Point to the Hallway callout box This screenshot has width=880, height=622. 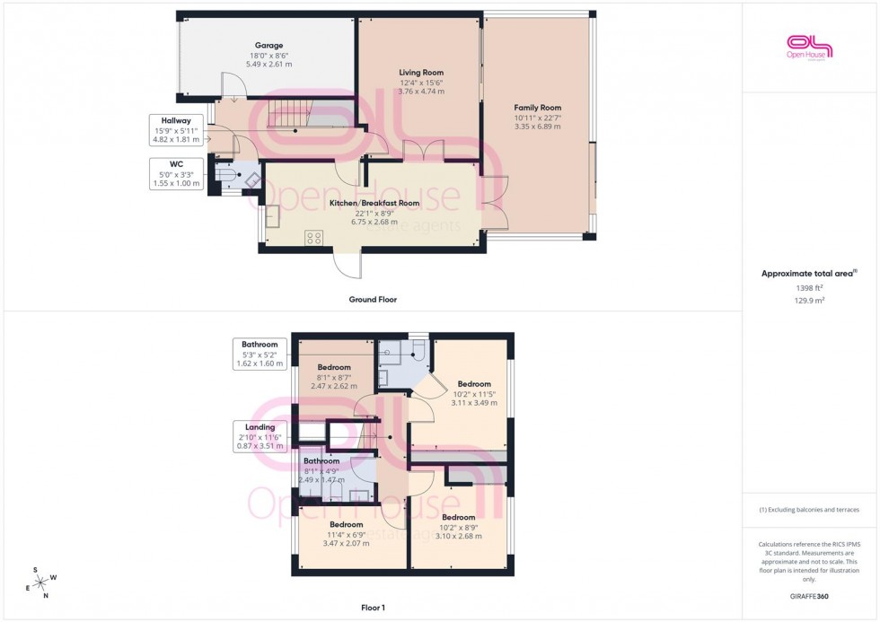point(176,130)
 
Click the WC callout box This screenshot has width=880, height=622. point(176,173)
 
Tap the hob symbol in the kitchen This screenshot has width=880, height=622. point(314,238)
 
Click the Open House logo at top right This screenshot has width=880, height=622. point(810,47)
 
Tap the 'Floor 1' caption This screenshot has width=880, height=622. point(373,608)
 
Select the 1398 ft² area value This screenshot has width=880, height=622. point(809,288)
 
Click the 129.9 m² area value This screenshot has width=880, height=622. point(809,302)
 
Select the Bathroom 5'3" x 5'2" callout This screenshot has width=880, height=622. point(259,354)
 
